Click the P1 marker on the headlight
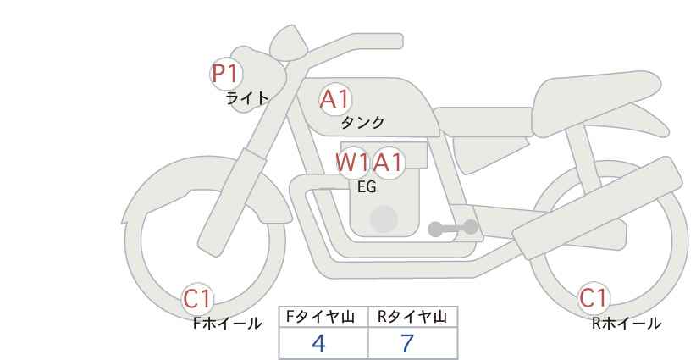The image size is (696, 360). click(226, 74)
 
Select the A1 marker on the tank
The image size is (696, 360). click(335, 99)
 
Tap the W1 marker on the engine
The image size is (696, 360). click(352, 163)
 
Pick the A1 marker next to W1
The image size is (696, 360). click(388, 163)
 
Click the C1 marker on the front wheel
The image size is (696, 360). click(197, 298)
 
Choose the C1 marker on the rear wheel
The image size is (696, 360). click(594, 298)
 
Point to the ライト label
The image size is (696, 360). click(247, 98)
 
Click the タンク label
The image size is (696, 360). click(362, 122)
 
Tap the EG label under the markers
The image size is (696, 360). click(367, 187)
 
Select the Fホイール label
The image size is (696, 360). click(227, 324)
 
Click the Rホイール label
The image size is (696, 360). click(627, 324)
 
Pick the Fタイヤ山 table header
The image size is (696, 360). click(320, 317)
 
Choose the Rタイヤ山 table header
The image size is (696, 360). click(412, 317)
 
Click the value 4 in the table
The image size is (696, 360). click(318, 343)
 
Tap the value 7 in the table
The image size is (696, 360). click(407, 343)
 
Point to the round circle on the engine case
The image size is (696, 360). click(384, 219)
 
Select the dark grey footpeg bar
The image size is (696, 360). click(453, 228)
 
